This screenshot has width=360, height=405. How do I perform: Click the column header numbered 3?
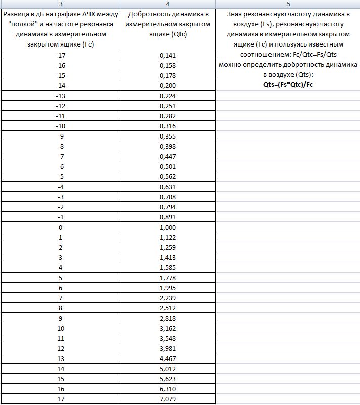click(x=60, y=4)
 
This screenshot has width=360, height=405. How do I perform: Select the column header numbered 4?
click(x=168, y=4)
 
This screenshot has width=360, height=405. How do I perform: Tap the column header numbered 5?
click(x=288, y=4)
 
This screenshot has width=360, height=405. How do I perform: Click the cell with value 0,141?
click(x=168, y=55)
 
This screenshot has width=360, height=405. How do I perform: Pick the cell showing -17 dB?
click(x=60, y=55)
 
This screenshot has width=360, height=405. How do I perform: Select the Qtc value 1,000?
click(x=168, y=227)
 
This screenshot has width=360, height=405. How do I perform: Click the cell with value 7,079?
click(x=168, y=399)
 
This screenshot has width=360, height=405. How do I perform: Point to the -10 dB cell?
click(x=60, y=126)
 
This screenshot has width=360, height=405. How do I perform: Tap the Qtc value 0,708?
click(x=168, y=197)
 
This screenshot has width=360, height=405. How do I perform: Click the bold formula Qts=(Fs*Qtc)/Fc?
click(x=288, y=85)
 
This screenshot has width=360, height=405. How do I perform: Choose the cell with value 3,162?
click(x=168, y=328)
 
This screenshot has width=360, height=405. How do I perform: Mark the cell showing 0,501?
click(x=168, y=166)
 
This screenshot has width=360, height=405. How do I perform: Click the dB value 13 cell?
click(x=60, y=358)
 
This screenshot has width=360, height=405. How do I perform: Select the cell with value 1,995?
click(x=168, y=288)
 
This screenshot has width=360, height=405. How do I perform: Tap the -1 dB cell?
click(x=60, y=217)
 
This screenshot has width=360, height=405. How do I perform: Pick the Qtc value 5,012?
click(x=168, y=369)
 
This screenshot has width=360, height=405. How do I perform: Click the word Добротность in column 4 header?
click(x=148, y=14)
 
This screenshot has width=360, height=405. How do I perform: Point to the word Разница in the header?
click(x=16, y=14)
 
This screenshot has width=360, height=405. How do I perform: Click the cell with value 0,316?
click(x=168, y=126)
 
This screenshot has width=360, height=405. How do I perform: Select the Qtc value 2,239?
click(x=168, y=298)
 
